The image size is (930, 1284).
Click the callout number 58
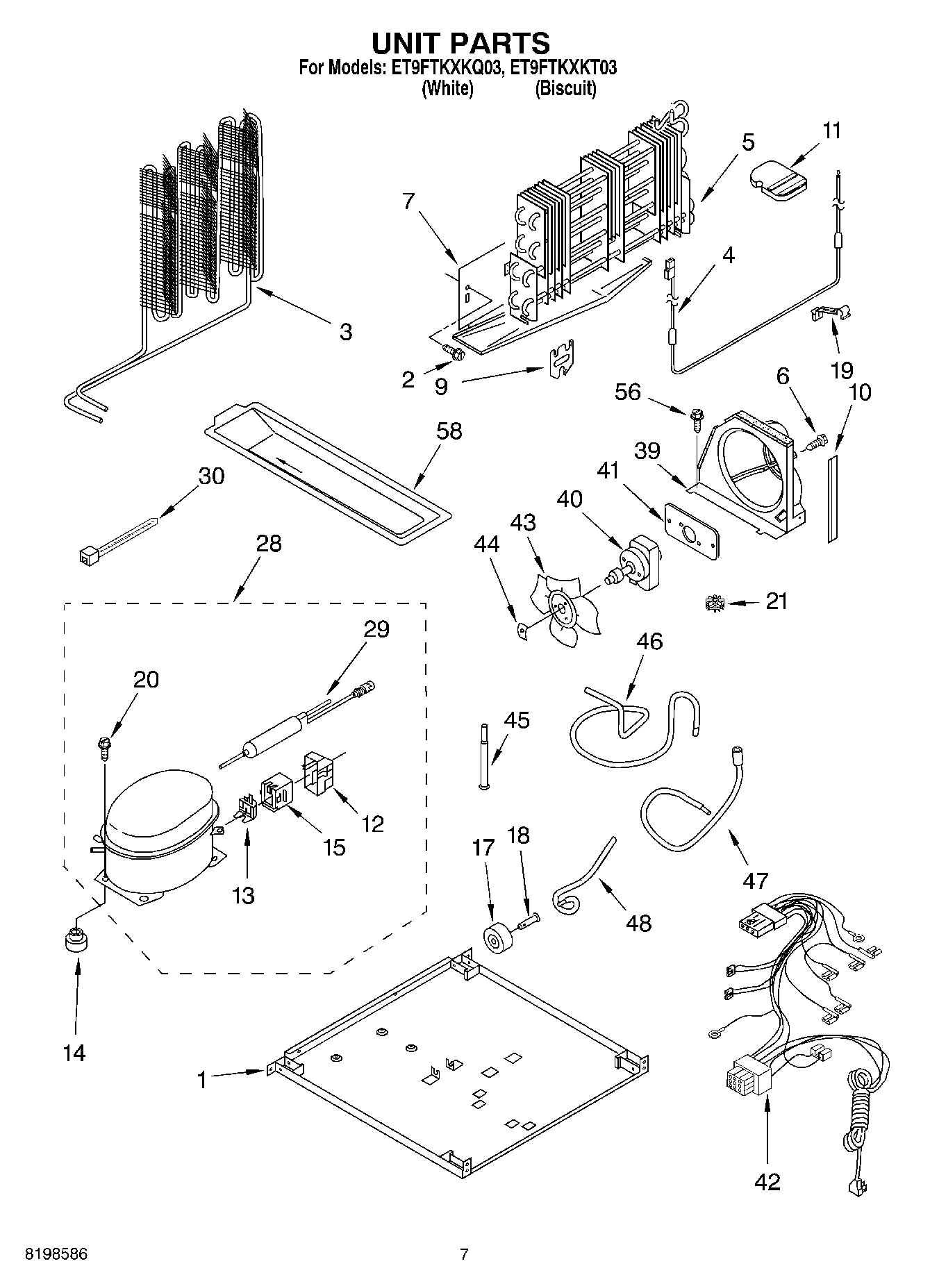click(449, 431)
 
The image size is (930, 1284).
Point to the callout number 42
click(767, 1181)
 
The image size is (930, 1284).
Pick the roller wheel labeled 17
click(497, 940)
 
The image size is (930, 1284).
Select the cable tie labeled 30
click(118, 542)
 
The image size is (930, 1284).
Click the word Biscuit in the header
click(565, 89)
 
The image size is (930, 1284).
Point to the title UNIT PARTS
click(460, 43)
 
